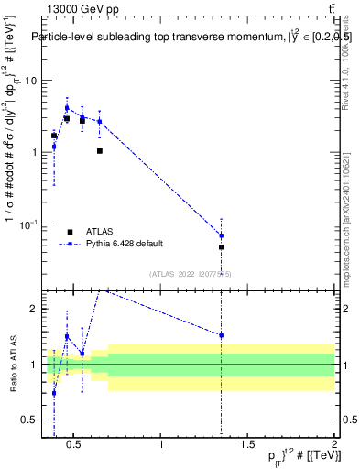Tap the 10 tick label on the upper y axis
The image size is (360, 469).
click(x=29, y=80)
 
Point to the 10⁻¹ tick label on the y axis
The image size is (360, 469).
click(x=27, y=224)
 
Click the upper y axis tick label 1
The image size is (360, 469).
click(x=33, y=152)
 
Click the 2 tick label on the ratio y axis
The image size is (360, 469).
click(x=33, y=309)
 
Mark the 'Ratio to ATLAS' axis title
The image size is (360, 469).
click(x=13, y=364)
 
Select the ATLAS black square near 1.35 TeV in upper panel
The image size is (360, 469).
click(x=221, y=247)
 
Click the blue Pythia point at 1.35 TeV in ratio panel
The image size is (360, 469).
click(x=221, y=335)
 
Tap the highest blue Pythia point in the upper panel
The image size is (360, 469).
click(x=66, y=107)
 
